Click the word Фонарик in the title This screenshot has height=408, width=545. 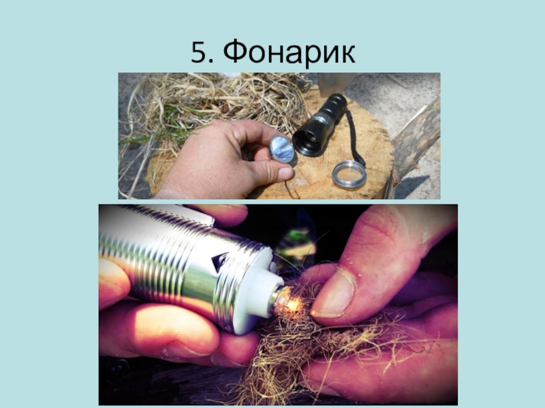pos(289,52)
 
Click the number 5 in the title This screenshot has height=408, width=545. pos(199,52)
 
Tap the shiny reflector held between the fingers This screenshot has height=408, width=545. pos(282,150)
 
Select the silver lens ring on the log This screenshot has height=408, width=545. pos(349,175)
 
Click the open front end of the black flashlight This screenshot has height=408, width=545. pos(308,143)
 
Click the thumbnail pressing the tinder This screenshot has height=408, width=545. pos(332,295)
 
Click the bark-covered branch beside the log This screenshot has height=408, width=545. pos(416,139)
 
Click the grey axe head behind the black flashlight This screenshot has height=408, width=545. pos(333,82)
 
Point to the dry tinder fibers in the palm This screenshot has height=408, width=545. pos(313,347)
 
